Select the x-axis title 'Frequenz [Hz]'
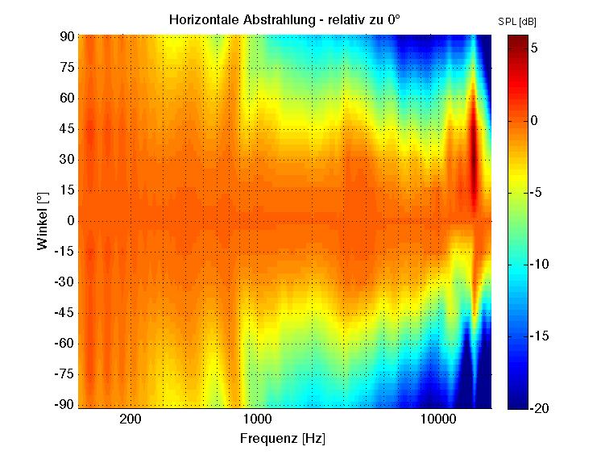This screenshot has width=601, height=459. [283, 439]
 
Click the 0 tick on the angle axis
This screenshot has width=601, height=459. [70, 220]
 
